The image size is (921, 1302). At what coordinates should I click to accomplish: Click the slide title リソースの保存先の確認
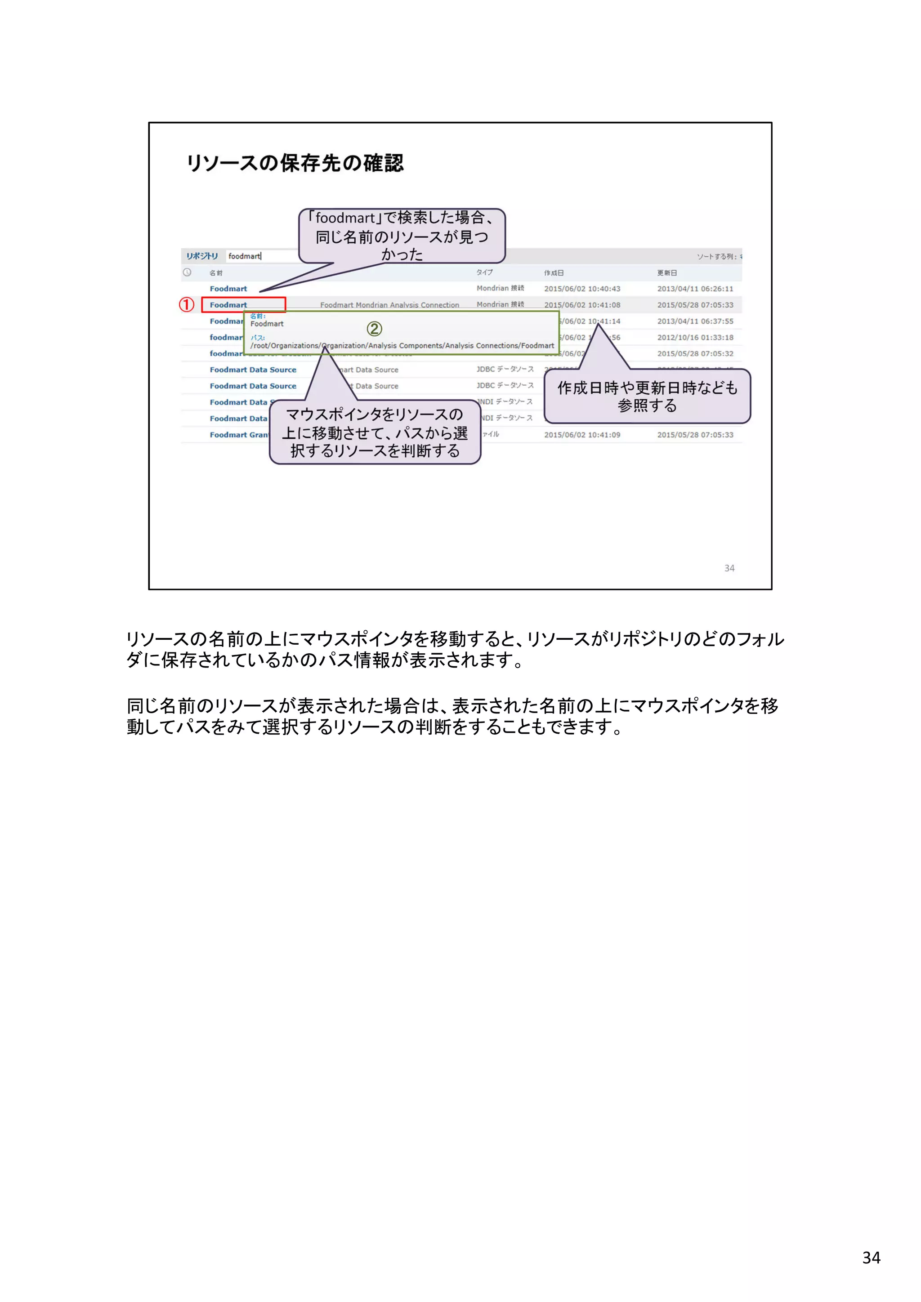pyautogui.click(x=295, y=163)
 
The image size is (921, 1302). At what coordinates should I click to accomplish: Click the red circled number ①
pyautogui.click(x=187, y=304)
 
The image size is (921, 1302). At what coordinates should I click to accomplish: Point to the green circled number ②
pyautogui.click(x=374, y=329)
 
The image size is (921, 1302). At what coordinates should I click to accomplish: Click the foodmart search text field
pyautogui.click(x=261, y=256)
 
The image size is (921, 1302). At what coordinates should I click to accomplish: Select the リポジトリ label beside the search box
pyautogui.click(x=202, y=256)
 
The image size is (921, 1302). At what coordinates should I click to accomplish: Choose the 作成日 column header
pyautogui.click(x=554, y=273)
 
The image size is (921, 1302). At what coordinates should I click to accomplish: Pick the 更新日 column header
pyautogui.click(x=667, y=273)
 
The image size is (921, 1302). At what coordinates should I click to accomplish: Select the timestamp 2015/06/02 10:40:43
pyautogui.click(x=582, y=289)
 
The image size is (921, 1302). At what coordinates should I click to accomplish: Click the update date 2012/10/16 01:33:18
pyautogui.click(x=695, y=337)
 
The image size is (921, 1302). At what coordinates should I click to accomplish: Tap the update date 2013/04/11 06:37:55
pyautogui.click(x=695, y=321)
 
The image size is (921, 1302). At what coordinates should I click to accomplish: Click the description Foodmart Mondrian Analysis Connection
pyautogui.click(x=389, y=305)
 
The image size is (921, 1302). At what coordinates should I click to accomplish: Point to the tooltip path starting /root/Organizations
pyautogui.click(x=402, y=345)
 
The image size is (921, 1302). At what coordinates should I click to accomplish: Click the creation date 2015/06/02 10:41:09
pyautogui.click(x=582, y=435)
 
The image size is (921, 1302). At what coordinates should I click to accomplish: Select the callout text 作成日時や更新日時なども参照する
pyautogui.click(x=647, y=397)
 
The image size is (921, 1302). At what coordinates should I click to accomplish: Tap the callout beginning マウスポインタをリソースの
pyautogui.click(x=375, y=432)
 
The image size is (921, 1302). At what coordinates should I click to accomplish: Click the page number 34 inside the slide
pyautogui.click(x=729, y=568)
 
